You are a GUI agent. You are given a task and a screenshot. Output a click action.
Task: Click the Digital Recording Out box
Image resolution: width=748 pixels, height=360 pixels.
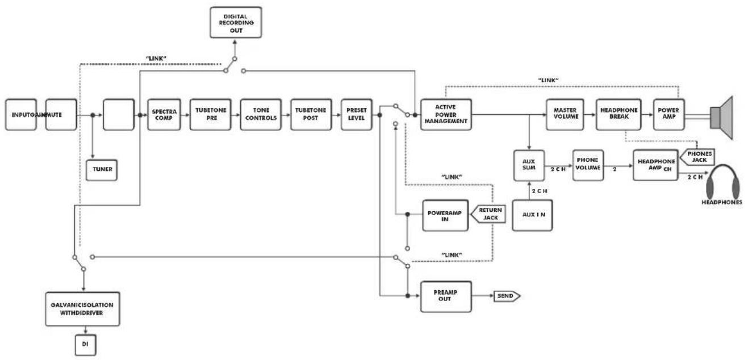coord(236,22)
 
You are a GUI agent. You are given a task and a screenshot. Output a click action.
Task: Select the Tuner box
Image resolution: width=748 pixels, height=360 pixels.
coord(102,170)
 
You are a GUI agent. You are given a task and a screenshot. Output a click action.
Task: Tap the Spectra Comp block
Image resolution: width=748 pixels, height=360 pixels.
coord(164,115)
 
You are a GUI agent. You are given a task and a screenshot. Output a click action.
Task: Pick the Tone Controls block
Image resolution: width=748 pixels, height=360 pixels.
coord(261,115)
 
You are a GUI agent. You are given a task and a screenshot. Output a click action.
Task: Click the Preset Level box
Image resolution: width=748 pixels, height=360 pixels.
coord(356,115)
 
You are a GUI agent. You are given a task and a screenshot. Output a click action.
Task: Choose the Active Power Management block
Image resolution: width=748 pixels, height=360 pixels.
coord(446,115)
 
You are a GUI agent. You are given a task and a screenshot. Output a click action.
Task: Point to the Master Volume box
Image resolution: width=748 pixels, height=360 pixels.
coord(565,115)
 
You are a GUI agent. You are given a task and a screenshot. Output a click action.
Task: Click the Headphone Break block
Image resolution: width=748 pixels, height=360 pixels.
coord(619,115)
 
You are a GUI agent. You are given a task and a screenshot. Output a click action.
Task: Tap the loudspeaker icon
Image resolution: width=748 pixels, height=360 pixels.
coord(721,118)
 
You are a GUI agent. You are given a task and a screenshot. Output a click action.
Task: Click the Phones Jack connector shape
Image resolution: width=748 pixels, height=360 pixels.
coord(697,157)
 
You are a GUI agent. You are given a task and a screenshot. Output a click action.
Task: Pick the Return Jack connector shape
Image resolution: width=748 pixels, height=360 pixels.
coord(488,214)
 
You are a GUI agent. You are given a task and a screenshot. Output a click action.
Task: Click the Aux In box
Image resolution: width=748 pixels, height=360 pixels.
coord(532,215)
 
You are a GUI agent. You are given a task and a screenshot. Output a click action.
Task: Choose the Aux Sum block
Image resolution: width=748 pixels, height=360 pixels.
coord(529,165)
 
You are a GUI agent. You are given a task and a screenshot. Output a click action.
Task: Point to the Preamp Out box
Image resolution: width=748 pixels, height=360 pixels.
coord(446,296)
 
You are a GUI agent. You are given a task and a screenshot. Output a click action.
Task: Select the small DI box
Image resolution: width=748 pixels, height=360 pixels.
coord(86,345)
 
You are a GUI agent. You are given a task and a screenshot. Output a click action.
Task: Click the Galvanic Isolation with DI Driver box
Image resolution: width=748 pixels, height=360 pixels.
coord(82,309)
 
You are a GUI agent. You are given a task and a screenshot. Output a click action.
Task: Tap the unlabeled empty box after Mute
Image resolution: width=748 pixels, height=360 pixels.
coord(119,115)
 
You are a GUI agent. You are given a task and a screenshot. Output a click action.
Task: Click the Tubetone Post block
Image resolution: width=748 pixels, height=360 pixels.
coord(311,115)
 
